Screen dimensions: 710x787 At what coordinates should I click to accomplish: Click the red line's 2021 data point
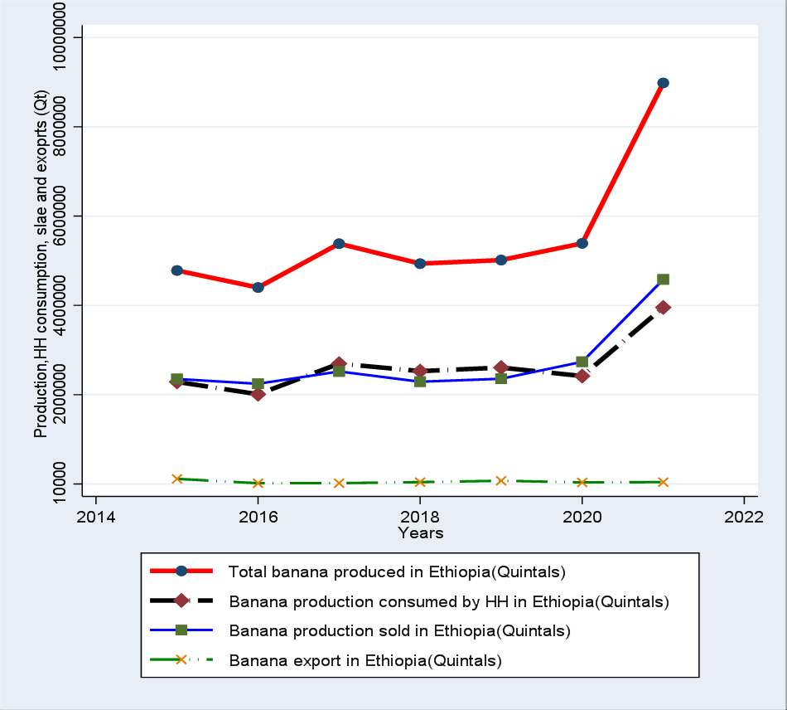coord(663,83)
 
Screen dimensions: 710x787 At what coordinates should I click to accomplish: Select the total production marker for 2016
coord(258,287)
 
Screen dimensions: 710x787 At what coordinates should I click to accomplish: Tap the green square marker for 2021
coord(663,280)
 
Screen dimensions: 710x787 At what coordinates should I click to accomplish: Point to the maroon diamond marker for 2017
coord(339,364)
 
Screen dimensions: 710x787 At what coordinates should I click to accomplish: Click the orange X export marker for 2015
coord(176,479)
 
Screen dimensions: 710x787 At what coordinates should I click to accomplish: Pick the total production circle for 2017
coord(339,244)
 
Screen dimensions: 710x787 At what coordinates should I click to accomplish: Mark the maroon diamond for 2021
coord(663,308)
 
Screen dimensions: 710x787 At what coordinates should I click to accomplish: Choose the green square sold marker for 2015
coord(176,379)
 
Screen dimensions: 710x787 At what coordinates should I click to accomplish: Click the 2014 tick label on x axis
coord(95,516)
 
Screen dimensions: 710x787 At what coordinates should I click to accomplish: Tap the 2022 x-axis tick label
coord(744,516)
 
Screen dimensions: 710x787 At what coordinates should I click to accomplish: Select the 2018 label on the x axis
coord(420,516)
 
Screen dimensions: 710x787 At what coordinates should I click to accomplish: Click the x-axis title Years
coord(420,532)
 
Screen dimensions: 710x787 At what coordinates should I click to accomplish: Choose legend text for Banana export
coord(366,661)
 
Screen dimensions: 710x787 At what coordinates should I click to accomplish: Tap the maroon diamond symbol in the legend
coord(181,601)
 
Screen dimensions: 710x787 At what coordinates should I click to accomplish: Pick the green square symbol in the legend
coord(181,631)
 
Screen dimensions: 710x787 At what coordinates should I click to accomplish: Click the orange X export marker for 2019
coord(501,481)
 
